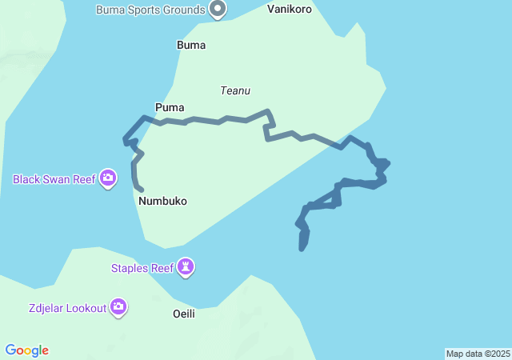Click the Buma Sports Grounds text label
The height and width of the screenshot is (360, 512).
150,10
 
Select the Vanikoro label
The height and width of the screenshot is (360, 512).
290,10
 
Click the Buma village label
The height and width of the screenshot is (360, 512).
191,46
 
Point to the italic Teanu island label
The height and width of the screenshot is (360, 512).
236,91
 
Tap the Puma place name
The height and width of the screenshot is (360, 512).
170,107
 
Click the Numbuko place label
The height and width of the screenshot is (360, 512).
162,202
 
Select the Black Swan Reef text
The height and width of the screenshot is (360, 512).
54,179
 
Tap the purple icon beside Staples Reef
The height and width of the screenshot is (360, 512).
186,267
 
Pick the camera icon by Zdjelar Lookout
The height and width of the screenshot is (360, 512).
118,306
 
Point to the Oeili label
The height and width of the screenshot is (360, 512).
184,314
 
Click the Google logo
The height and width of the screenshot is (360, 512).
27,350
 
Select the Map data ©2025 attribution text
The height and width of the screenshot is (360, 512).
478,354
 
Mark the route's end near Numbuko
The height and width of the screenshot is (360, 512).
142,190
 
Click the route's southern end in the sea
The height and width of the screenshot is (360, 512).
302,249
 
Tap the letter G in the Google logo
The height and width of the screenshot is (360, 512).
10,350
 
